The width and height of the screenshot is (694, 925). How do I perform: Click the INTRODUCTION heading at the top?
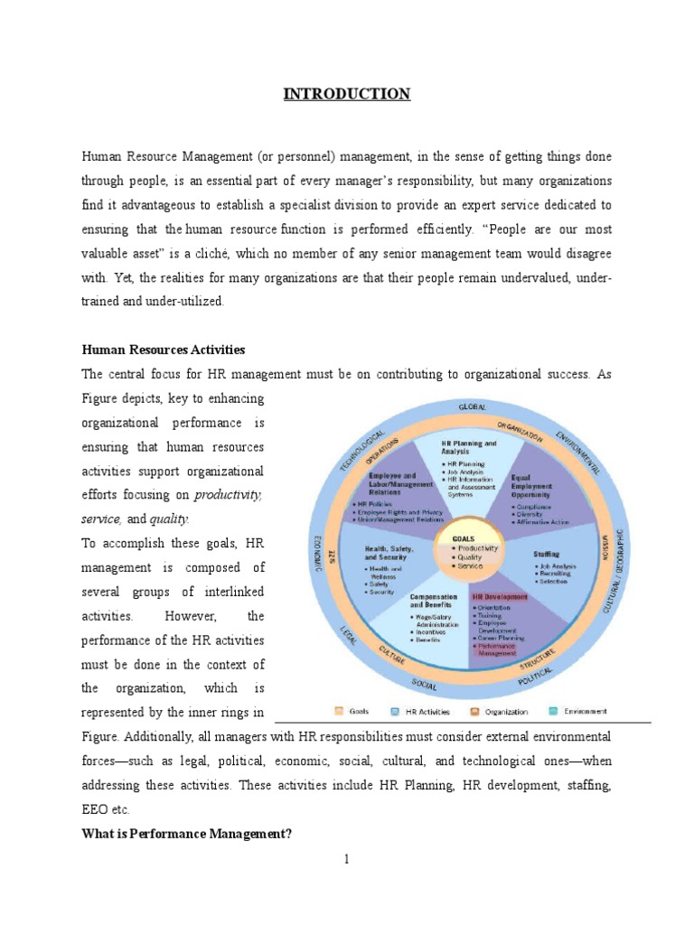(x=348, y=94)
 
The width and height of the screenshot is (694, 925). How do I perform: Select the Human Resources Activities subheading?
(x=164, y=350)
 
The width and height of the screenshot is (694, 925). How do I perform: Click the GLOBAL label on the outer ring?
(x=472, y=407)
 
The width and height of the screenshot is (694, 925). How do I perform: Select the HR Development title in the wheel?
(x=494, y=597)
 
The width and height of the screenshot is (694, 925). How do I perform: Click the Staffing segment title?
(x=547, y=554)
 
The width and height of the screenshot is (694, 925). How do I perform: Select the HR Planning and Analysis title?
(x=468, y=448)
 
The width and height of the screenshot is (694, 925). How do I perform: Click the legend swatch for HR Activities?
(x=396, y=711)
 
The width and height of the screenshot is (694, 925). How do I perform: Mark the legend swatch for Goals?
(x=339, y=711)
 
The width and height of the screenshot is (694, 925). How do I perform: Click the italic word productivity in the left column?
(x=227, y=495)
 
